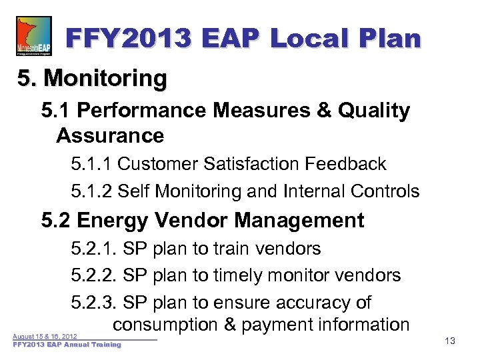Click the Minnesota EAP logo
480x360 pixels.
pyautogui.click(x=33, y=37)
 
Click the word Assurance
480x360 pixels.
pyautogui.click(x=110, y=135)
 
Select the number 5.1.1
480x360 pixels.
pyautogui.click(x=91, y=164)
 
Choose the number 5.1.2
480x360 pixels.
pyautogui.click(x=91, y=192)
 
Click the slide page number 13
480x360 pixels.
pyautogui.click(x=449, y=341)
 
